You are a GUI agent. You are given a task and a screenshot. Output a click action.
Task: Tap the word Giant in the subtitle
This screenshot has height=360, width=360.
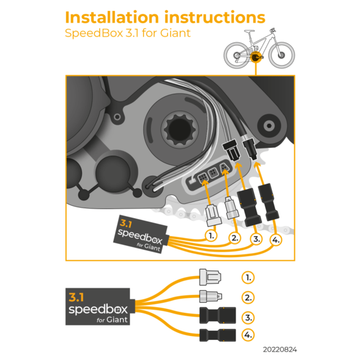tap(173, 33)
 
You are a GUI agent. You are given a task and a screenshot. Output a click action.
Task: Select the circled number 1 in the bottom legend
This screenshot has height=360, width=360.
tap(248, 278)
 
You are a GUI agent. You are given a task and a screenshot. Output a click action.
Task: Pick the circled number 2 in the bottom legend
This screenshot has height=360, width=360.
tap(248, 298)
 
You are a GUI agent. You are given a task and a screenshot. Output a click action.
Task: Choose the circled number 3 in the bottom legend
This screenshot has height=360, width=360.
tap(248, 317)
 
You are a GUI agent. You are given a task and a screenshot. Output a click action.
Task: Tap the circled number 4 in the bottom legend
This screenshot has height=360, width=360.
tap(248, 335)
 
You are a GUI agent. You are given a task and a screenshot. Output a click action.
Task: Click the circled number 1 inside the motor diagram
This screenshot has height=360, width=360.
tap(212, 235)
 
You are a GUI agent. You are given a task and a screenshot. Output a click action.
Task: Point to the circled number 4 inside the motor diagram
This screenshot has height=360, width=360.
tap(276, 239)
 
